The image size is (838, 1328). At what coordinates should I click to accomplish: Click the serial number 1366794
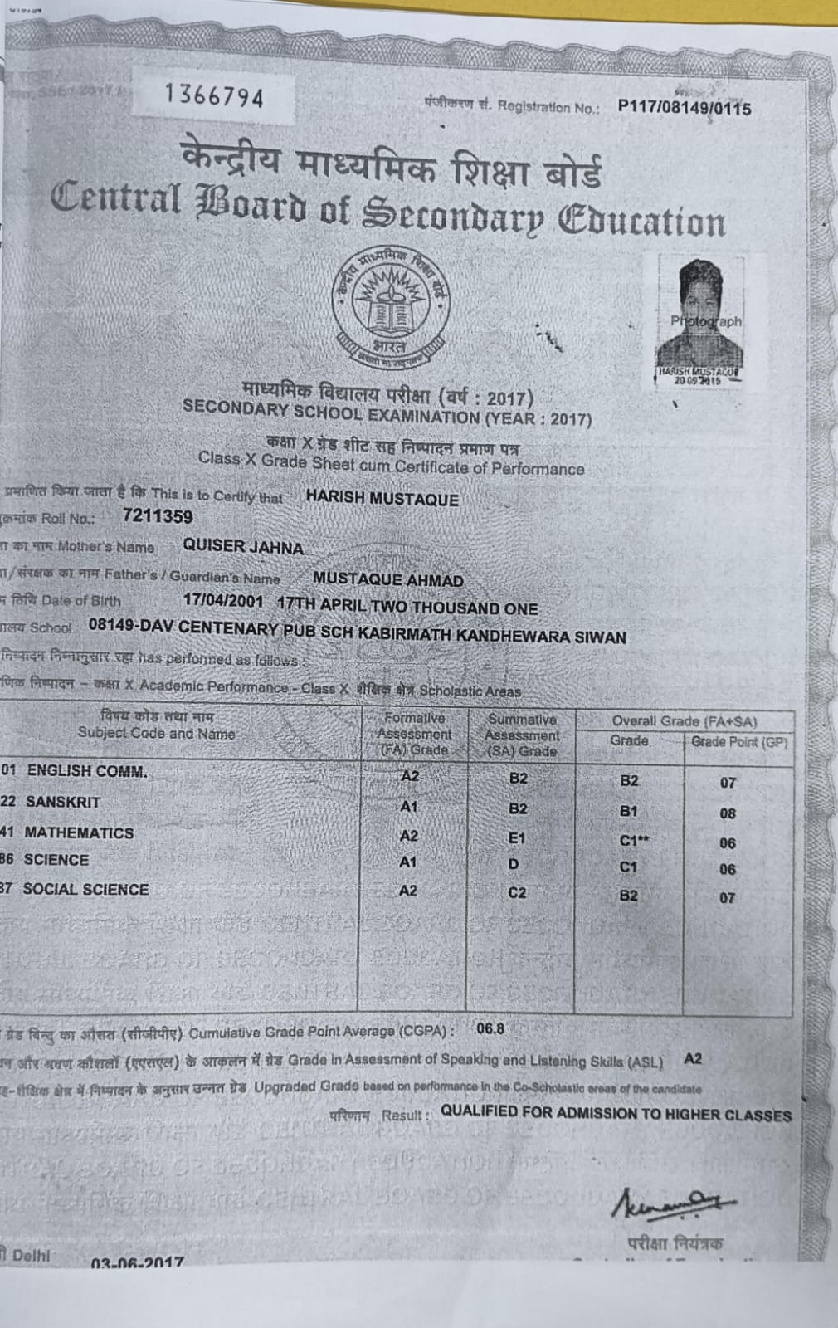tap(214, 96)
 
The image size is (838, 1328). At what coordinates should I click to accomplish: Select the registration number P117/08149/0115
tap(684, 108)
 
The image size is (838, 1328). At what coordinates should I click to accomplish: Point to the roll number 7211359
tap(158, 516)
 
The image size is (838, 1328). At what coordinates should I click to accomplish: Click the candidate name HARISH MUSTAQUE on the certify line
tap(382, 499)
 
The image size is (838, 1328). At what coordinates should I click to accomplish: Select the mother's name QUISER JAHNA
tap(243, 547)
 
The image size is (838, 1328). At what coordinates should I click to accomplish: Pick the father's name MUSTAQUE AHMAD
tap(388, 579)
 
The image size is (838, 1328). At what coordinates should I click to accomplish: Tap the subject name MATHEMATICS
tap(79, 832)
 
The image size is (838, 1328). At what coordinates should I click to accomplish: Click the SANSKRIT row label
tap(63, 802)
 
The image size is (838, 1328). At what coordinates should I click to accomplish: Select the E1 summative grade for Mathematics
tap(517, 838)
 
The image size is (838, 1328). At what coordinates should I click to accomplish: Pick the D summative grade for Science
tap(514, 864)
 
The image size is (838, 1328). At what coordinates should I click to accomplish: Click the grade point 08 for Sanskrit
tap(728, 813)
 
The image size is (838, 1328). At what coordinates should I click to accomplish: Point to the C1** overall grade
tap(634, 841)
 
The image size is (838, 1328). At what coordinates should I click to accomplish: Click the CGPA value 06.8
tap(490, 1028)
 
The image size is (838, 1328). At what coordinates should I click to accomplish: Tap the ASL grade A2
tap(693, 1058)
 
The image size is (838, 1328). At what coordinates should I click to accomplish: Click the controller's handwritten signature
tap(673, 1204)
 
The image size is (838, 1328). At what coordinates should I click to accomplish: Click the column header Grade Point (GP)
tap(738, 741)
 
